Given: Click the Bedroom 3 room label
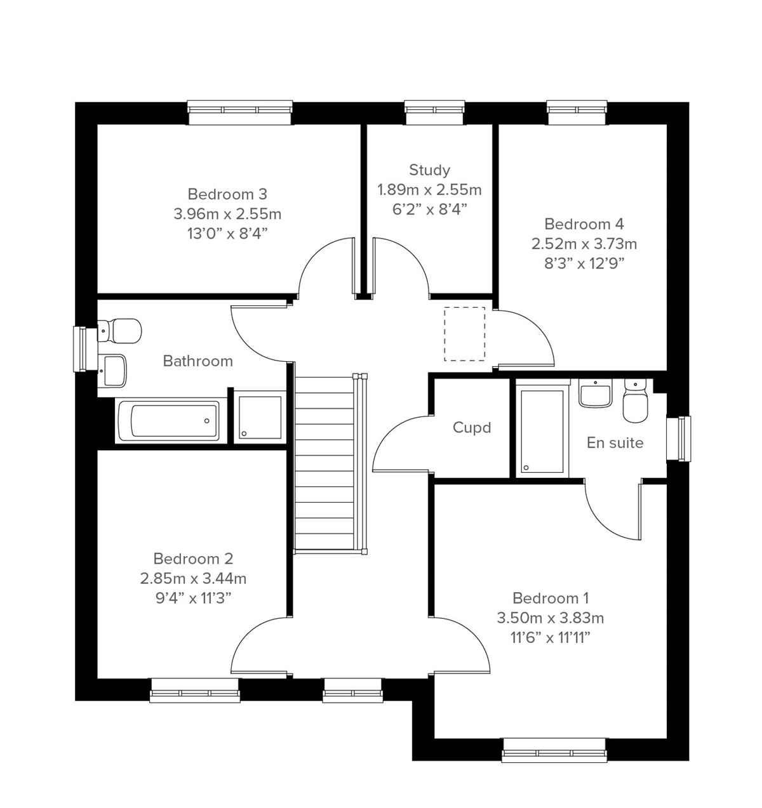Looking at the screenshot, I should point(227,194).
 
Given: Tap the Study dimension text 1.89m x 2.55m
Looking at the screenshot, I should point(429,190).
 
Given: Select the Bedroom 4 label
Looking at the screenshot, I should point(584,224).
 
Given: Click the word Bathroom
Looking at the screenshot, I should point(197,361).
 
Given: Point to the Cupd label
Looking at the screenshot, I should point(471,428).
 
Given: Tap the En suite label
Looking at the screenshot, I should point(615,443).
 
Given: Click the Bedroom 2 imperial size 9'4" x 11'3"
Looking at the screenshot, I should point(193,598).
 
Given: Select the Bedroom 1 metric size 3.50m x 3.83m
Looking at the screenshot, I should point(550,618).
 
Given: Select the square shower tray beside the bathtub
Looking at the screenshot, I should point(260,418).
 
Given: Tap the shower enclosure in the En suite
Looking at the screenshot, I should point(542,431).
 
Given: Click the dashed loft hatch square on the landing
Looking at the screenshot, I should point(464,334).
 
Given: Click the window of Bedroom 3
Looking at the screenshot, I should point(240,112).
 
